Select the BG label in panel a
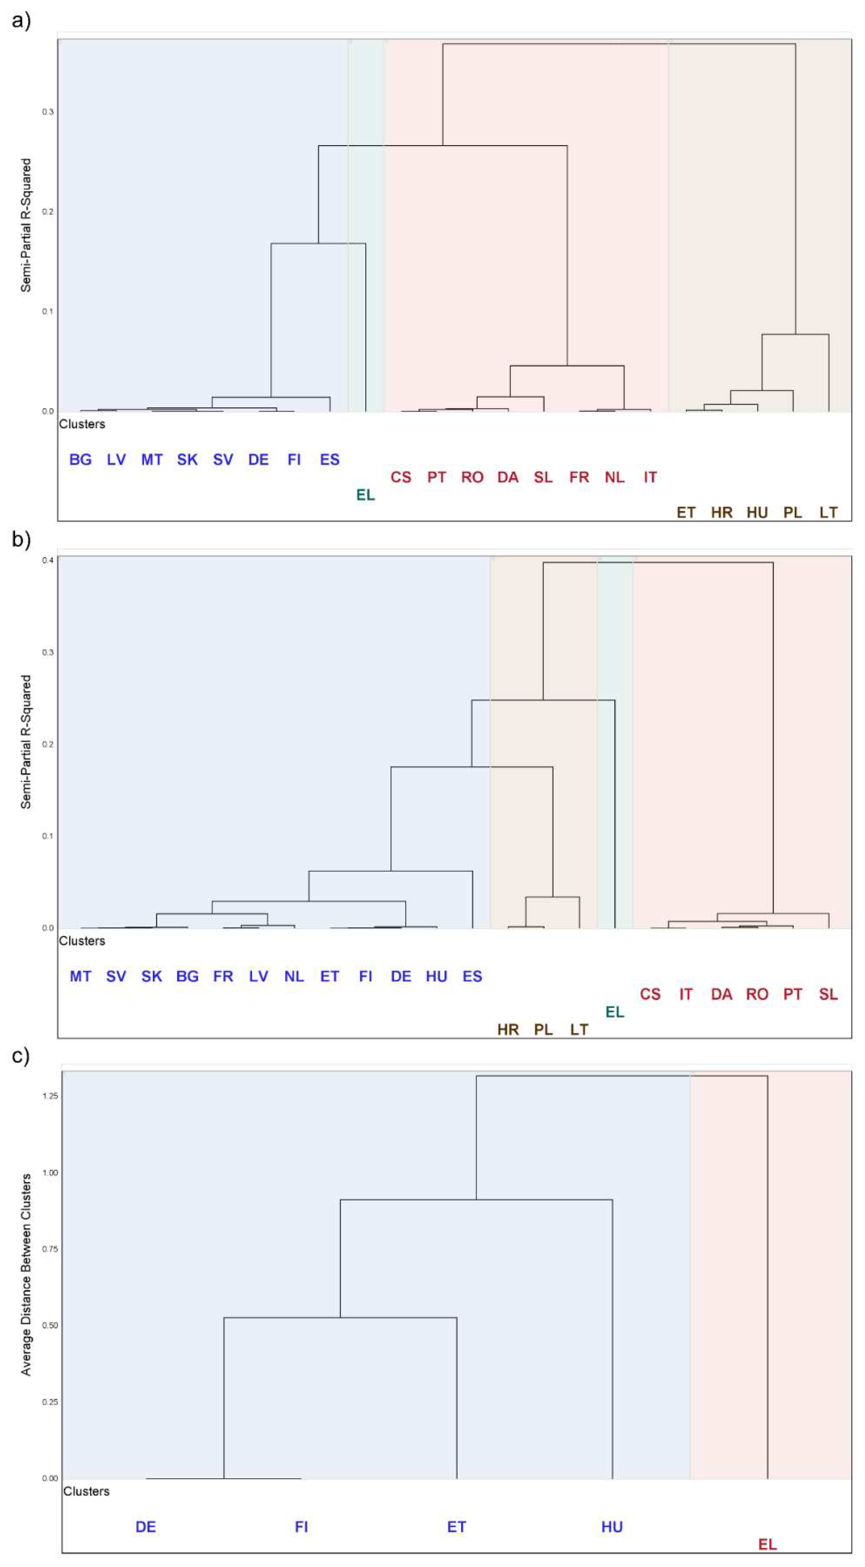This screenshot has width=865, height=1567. [x=80, y=460]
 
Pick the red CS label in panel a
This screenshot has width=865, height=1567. [x=401, y=478]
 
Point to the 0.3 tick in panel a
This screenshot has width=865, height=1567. [x=47, y=112]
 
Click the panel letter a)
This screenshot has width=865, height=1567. [x=21, y=21]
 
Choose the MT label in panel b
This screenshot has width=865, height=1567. [x=80, y=976]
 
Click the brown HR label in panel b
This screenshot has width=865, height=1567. [x=508, y=1029]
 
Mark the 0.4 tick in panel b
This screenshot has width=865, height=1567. [x=47, y=560]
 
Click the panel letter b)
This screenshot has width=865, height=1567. [x=21, y=540]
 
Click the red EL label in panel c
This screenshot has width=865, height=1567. [x=767, y=1545]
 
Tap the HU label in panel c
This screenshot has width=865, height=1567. [x=612, y=1527]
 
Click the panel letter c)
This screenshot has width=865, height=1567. [x=21, y=1055]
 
